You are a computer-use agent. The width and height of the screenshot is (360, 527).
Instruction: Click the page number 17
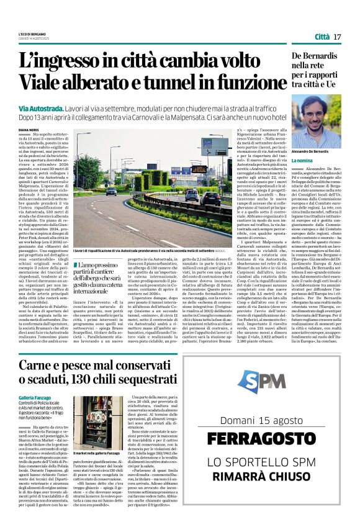pyautogui.click(x=338, y=37)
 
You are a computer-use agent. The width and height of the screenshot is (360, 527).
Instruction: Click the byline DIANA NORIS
pyautogui.click(x=29, y=130)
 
